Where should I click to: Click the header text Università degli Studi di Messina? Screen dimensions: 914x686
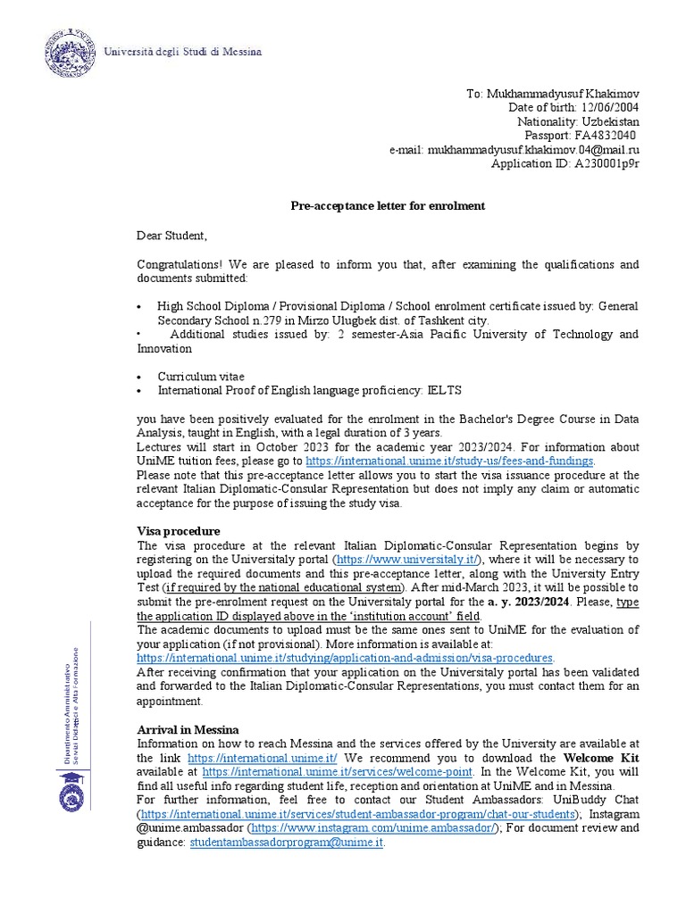click(183, 52)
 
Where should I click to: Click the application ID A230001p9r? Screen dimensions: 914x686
click(607, 164)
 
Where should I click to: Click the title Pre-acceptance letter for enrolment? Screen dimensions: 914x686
click(388, 206)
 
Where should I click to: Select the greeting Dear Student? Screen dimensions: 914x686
click(171, 236)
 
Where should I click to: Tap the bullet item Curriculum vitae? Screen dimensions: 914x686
click(201, 377)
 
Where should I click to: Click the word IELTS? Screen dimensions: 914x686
click(446, 390)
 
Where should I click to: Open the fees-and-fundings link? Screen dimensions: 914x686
click(448, 461)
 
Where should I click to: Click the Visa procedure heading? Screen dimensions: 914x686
click(178, 531)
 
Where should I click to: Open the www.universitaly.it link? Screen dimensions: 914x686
click(405, 560)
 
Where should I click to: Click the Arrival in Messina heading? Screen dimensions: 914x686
click(188, 729)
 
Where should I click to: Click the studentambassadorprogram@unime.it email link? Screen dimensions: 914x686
click(286, 842)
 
